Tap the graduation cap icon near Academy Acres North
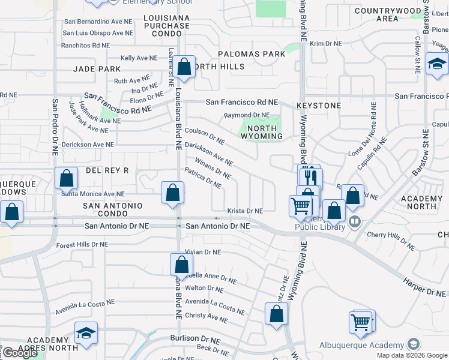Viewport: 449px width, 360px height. click(x=86, y=334)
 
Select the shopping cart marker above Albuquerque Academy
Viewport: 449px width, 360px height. click(x=361, y=322)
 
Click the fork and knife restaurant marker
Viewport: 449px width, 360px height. click(x=310, y=178)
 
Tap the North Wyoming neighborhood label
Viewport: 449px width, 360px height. click(x=262, y=132)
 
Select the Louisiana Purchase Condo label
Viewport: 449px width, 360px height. click(x=167, y=26)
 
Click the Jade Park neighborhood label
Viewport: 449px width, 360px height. click(x=97, y=69)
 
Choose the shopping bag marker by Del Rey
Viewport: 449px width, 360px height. click(x=66, y=179)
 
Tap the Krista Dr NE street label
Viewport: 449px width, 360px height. click(x=245, y=211)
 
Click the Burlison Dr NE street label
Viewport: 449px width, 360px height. click(x=195, y=338)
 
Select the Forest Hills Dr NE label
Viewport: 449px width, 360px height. click(x=82, y=245)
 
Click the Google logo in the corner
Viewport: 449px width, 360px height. click(x=20, y=353)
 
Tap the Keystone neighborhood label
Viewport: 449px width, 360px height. click(x=314, y=105)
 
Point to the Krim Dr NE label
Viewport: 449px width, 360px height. click(x=325, y=44)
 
